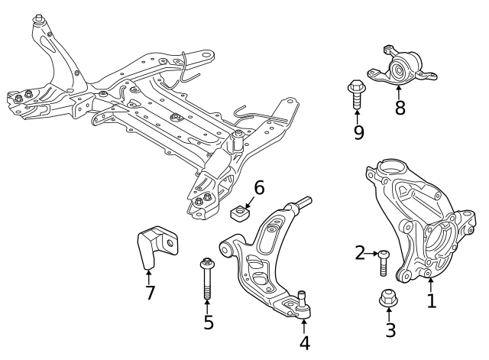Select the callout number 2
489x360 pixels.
tap(360, 253)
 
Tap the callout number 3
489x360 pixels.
tap(390, 330)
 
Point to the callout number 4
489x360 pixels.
tap(305, 342)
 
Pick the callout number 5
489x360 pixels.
tap(208, 322)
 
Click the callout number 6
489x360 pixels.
tap(259, 187)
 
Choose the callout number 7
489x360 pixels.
tap(150, 292)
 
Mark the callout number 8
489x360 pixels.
tap(400, 107)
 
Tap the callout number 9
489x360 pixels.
tap(358, 132)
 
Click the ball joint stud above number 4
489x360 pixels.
tap(303, 301)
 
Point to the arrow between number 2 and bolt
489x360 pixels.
tap(373, 253)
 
